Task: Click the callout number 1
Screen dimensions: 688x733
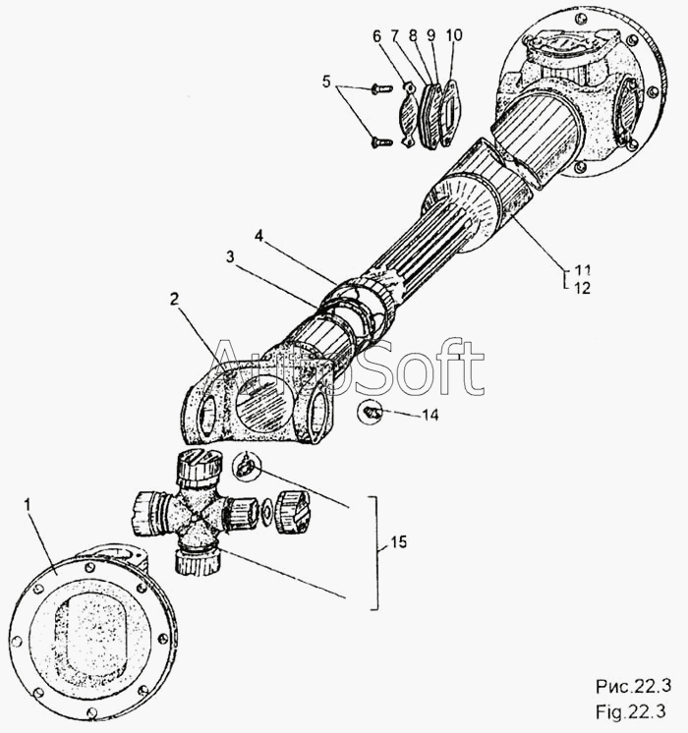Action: coord(28,505)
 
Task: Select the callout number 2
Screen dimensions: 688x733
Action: coord(174,299)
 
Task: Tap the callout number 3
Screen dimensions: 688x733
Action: coord(230,257)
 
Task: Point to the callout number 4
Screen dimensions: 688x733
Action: coord(258,236)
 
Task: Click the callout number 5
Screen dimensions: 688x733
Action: coord(326,82)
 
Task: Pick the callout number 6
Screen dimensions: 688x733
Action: coord(377,35)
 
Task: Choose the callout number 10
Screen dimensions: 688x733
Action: coord(454,35)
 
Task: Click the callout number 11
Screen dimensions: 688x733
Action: coord(582,270)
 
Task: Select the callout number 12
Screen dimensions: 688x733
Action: coord(582,288)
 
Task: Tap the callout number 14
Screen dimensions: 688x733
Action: coord(430,415)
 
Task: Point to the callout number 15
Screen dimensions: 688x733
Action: coord(399,542)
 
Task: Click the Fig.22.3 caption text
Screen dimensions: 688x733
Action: coord(630,712)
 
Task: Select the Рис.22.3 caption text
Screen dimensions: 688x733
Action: coord(633,686)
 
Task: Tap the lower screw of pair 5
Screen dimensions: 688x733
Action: coord(381,141)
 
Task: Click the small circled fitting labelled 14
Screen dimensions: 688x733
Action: coord(370,413)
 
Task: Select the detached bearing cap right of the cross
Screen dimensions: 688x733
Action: coord(292,512)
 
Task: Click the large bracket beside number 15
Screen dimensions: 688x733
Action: coord(374,553)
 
